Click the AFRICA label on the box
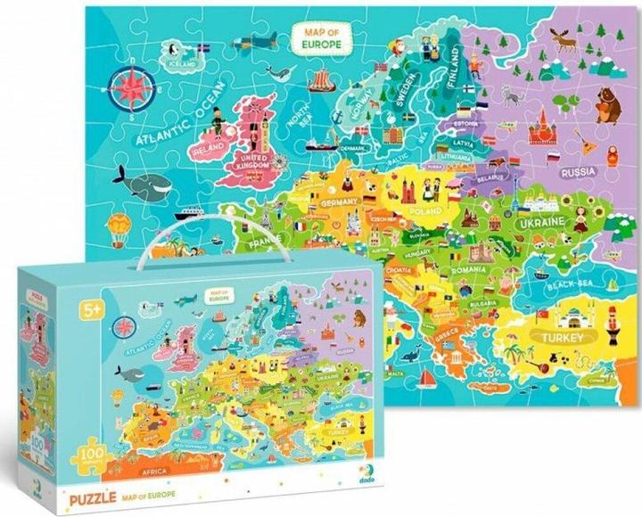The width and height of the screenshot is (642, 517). click(x=142, y=468)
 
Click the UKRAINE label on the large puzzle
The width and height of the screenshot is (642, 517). click(x=540, y=219)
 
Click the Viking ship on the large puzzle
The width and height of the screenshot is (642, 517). click(x=322, y=82)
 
